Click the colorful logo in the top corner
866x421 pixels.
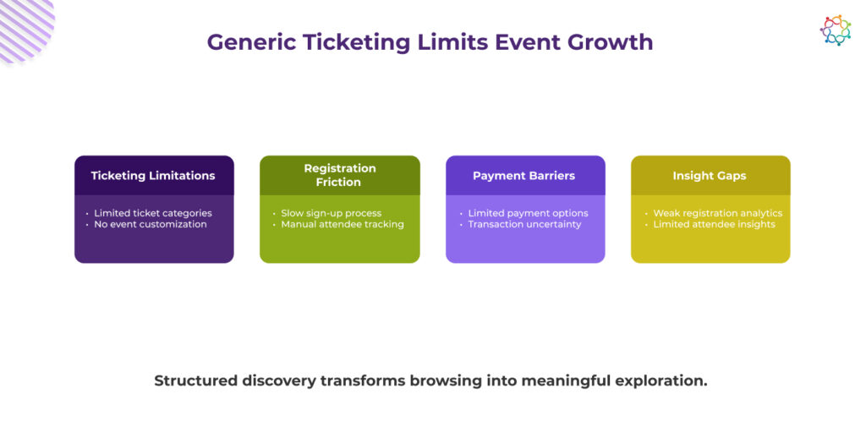pyautogui.click(x=835, y=30)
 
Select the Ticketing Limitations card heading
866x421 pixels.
pyautogui.click(x=153, y=176)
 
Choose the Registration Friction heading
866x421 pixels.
pyautogui.click(x=340, y=175)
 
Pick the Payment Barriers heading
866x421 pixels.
pyautogui.click(x=523, y=176)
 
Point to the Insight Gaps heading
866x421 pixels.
pyautogui.click(x=710, y=176)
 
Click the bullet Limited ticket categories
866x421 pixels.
pyautogui.click(x=153, y=213)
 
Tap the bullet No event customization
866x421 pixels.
pyautogui.click(x=151, y=225)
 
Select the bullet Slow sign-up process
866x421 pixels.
pyautogui.click(x=331, y=213)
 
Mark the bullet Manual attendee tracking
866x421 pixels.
pyautogui.click(x=343, y=225)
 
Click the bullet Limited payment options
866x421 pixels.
pyautogui.click(x=528, y=213)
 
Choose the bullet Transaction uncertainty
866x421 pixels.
pyautogui.click(x=524, y=225)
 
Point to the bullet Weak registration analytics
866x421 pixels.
pyautogui.click(x=717, y=213)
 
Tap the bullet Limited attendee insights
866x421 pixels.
pyautogui.click(x=714, y=225)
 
